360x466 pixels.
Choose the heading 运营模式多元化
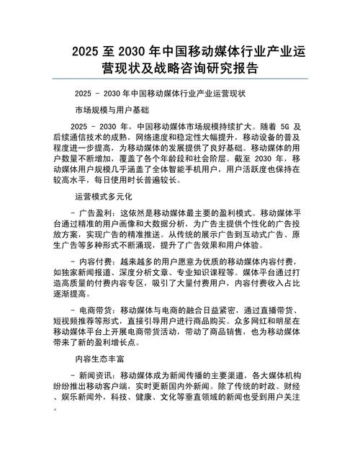tap(104, 196)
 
